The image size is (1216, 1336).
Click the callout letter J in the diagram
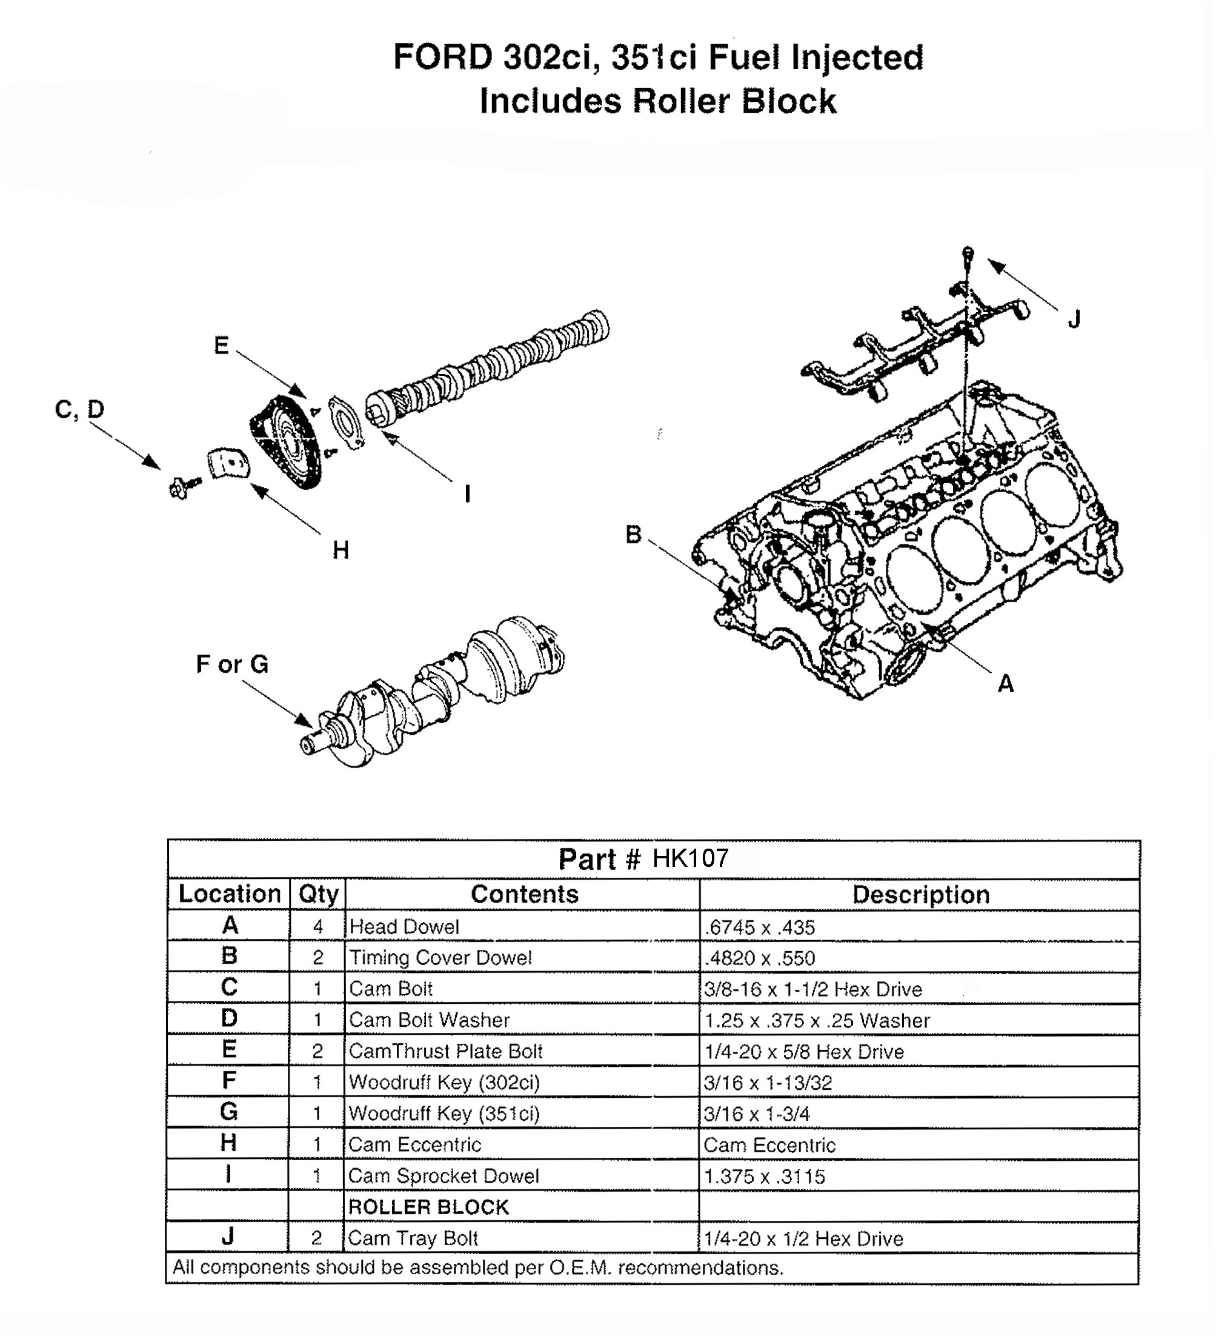1074,320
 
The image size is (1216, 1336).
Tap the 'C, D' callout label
79,410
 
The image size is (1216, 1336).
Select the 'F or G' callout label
233,664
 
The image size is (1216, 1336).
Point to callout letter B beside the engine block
633,535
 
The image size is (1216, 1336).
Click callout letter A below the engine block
1005,683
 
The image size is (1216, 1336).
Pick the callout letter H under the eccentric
341,550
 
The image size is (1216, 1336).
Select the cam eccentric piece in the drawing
229,463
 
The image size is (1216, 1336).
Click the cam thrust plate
346,423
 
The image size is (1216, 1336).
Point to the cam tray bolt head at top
968,253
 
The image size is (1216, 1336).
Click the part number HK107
690,859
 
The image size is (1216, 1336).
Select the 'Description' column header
920,895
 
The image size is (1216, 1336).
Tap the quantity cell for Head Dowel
318,926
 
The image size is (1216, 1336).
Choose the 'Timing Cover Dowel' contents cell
440,958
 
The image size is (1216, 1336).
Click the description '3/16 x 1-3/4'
756,1114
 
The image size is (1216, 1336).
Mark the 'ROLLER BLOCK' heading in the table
428,1207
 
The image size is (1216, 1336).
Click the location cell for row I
228,1175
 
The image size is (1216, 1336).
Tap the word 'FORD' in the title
442,57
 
